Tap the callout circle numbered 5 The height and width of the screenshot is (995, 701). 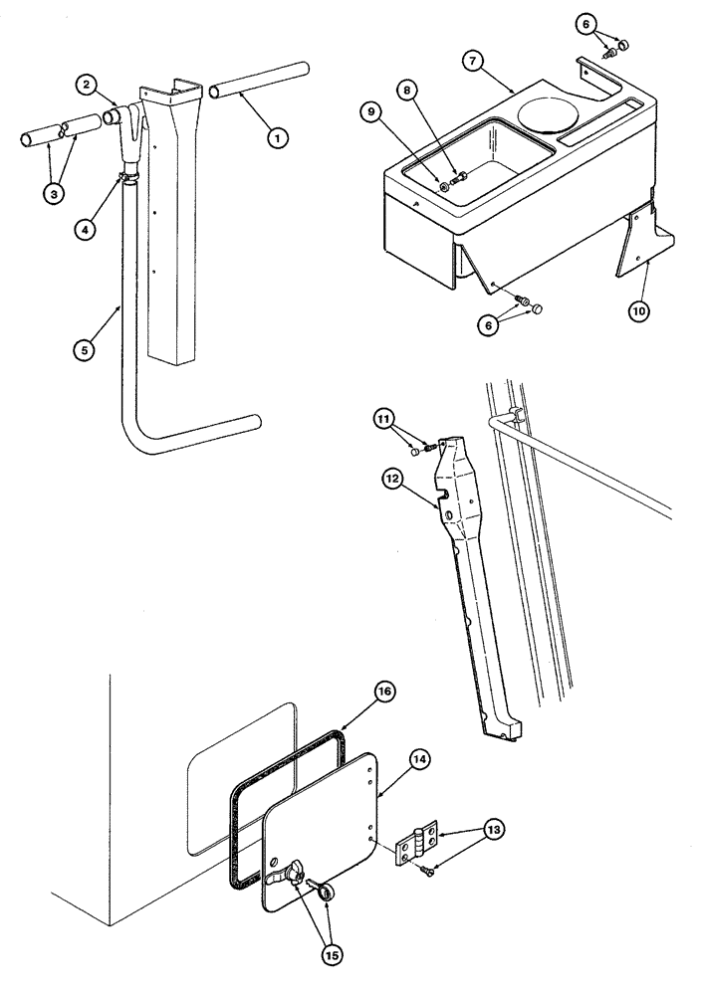88,349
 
